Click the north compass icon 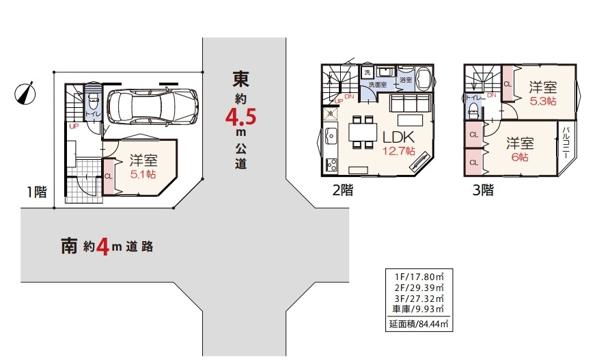(25, 93)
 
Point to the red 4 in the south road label (103, 247)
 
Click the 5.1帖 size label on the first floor (143, 174)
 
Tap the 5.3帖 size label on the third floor (542, 100)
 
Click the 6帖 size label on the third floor (519, 156)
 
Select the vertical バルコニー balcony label (566, 144)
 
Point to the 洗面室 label (377, 84)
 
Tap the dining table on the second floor (361, 132)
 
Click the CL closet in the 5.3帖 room (508, 83)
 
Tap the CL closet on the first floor (109, 174)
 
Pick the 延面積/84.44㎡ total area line (418, 324)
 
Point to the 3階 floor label (482, 191)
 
